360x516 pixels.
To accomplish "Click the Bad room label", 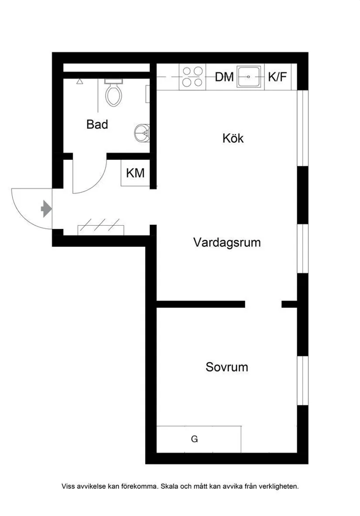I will (x=97, y=124).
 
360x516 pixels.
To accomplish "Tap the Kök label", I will (x=233, y=139).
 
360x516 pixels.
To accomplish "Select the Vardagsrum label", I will (x=227, y=242).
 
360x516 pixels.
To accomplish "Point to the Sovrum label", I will (x=227, y=367).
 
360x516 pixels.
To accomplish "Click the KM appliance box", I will (x=135, y=173).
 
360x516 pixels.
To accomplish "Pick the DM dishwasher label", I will (x=224, y=77).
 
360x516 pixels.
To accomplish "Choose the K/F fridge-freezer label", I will (x=278, y=77).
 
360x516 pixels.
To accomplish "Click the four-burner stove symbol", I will (x=192, y=77).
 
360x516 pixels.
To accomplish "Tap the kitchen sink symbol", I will (x=249, y=77).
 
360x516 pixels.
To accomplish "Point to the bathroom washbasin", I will (x=143, y=131).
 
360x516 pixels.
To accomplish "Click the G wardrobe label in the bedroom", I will (x=195, y=439).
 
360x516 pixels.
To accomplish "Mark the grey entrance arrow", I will (x=46, y=209).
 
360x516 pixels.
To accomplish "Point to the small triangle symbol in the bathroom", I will (x=79, y=81).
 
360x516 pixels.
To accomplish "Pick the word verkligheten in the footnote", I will (x=278, y=486).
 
